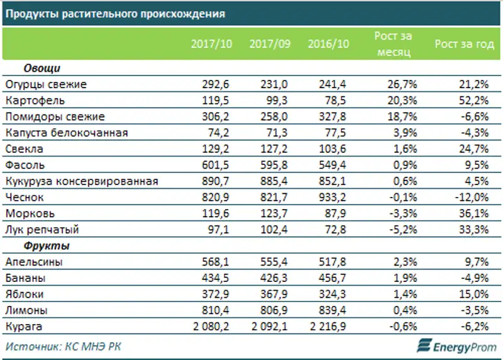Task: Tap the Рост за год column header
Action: [461, 43]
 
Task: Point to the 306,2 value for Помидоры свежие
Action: [217, 117]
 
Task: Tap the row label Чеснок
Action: [23, 198]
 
